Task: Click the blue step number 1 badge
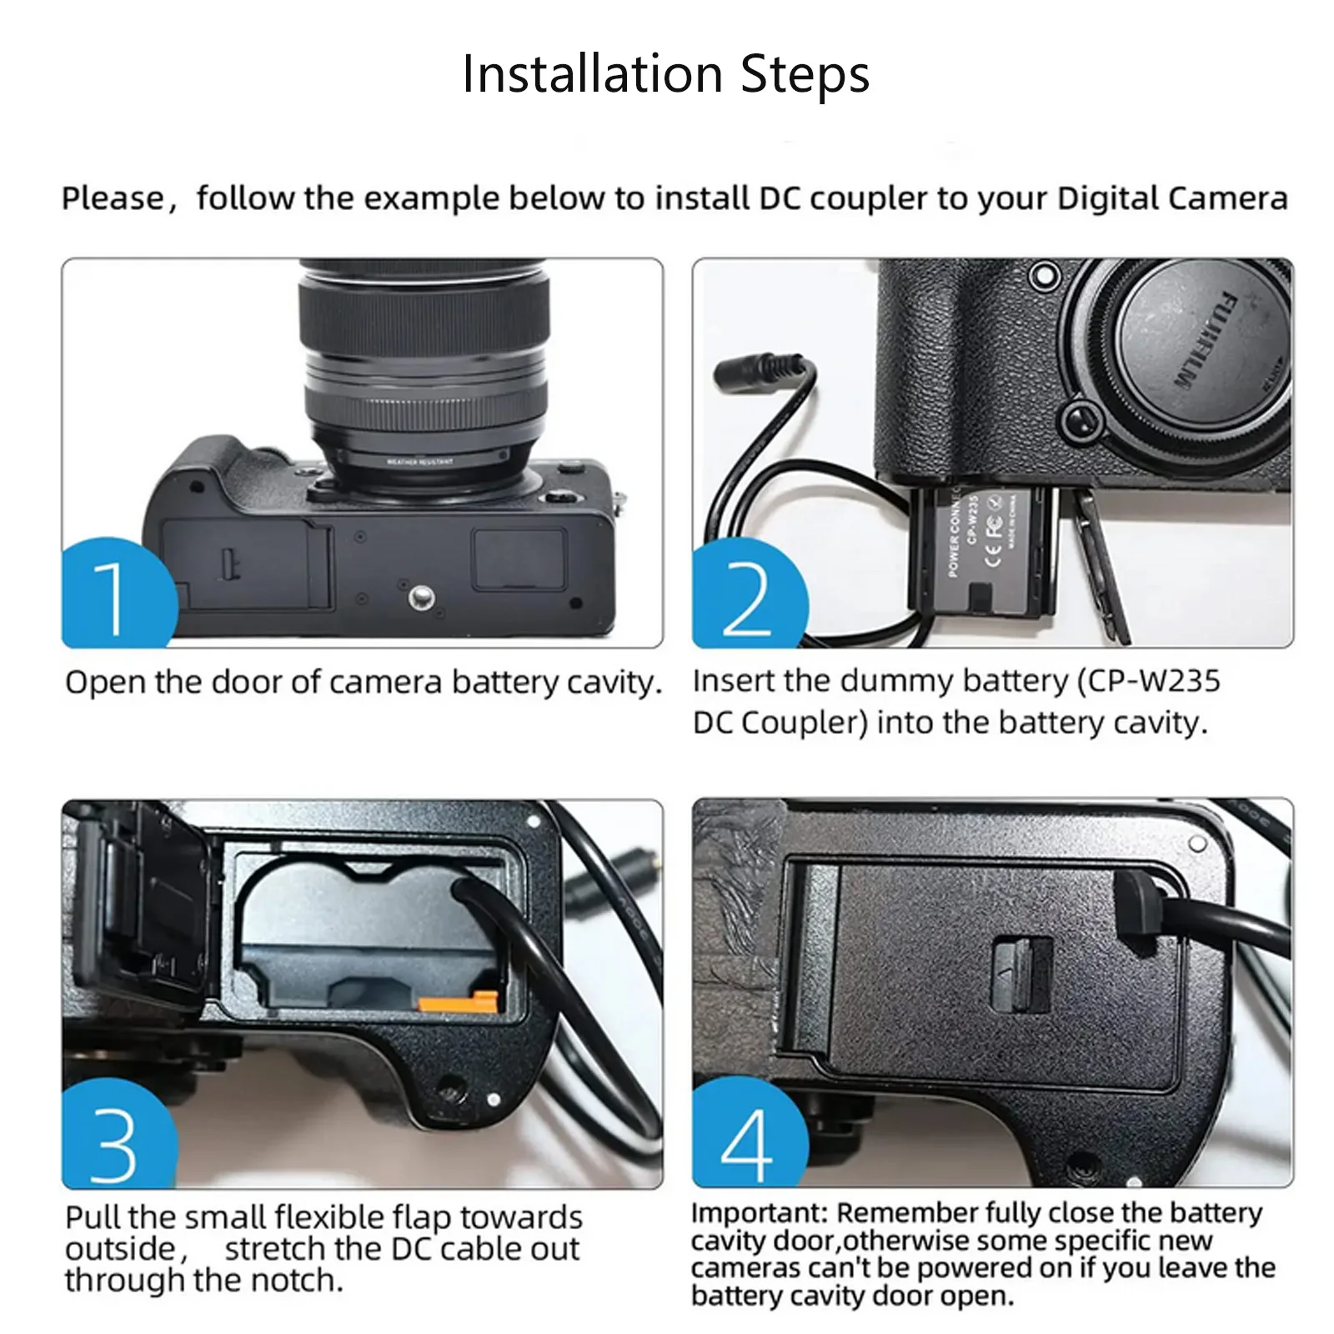click(119, 594)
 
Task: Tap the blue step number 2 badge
click(750, 594)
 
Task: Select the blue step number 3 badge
click(119, 1134)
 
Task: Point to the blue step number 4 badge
click(750, 1134)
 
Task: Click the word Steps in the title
click(805, 75)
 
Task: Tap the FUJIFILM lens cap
click(1201, 342)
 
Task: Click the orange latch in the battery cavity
click(459, 1001)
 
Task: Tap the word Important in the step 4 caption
click(758, 1214)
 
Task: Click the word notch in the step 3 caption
click(299, 1280)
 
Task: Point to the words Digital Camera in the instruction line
click(1172, 199)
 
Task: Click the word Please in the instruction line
click(113, 199)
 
